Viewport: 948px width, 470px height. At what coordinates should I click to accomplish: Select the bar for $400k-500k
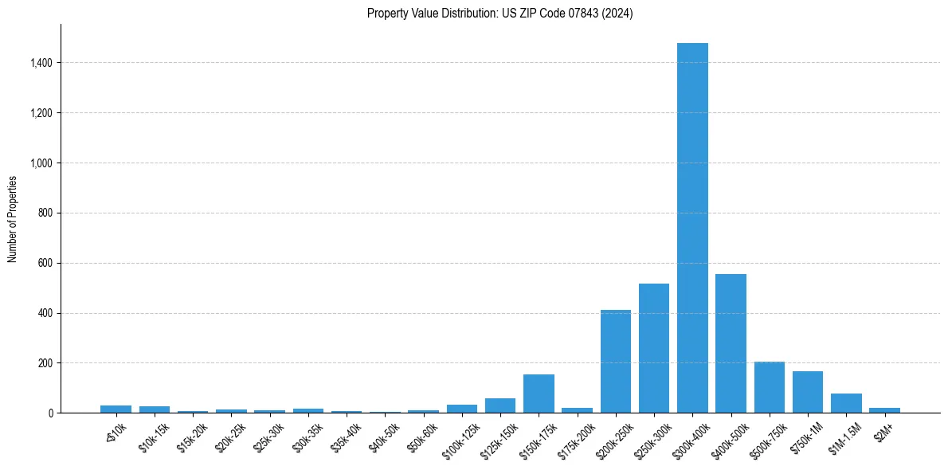tap(731, 343)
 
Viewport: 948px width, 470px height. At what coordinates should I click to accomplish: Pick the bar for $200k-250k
tap(615, 362)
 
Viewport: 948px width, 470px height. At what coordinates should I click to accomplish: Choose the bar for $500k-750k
tap(769, 387)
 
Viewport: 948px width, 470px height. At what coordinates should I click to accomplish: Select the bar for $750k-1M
tap(807, 392)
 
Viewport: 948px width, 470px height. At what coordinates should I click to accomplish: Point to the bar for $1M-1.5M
tap(846, 403)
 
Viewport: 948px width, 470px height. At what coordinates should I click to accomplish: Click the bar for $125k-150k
tap(500, 405)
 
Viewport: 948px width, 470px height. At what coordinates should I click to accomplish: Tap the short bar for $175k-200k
tap(577, 410)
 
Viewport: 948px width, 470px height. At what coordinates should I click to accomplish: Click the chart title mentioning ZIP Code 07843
tap(499, 13)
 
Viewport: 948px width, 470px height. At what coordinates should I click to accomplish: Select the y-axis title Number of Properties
tap(13, 219)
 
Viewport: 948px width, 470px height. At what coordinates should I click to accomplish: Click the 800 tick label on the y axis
tap(45, 213)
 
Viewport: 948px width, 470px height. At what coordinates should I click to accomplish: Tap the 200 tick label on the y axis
tap(45, 363)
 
